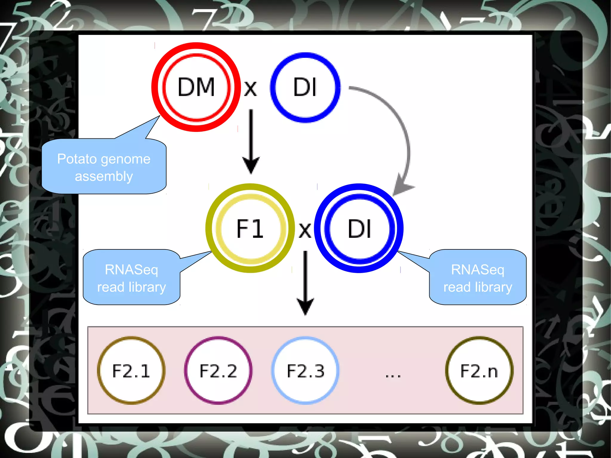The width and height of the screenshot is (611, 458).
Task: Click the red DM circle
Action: [x=196, y=87]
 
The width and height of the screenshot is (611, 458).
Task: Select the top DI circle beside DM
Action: [x=305, y=87]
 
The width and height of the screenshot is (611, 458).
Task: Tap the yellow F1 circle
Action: [x=250, y=228]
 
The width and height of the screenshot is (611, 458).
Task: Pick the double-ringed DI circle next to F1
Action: [x=359, y=228]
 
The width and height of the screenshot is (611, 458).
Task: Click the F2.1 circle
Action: [x=131, y=371]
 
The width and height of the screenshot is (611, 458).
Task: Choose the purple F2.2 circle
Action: [x=218, y=371]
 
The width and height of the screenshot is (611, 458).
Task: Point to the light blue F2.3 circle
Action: [x=305, y=371]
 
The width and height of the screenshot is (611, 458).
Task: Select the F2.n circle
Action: [x=479, y=371]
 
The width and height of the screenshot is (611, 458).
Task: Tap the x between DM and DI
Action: [x=250, y=89]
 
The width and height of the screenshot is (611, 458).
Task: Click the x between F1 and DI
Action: [x=305, y=231]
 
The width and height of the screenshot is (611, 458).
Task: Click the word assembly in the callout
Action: [x=104, y=176]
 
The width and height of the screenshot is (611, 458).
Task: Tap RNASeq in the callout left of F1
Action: [x=131, y=269]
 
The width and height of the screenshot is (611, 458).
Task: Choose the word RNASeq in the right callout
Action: [x=477, y=269]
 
